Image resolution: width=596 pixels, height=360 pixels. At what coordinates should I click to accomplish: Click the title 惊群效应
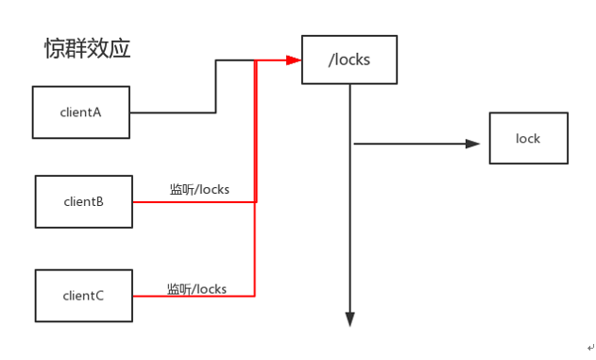(86, 49)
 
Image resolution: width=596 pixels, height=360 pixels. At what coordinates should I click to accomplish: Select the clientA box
(80, 112)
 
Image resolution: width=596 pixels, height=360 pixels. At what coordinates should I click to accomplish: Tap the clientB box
(83, 201)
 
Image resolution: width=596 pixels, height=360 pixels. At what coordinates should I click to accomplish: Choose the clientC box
(83, 296)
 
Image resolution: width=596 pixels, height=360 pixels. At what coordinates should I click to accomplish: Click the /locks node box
(349, 60)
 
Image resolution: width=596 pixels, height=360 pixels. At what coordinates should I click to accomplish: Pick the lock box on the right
(528, 139)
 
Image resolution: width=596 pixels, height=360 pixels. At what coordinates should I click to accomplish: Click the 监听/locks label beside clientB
(198, 190)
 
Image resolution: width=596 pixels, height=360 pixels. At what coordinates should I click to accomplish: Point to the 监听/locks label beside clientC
(196, 288)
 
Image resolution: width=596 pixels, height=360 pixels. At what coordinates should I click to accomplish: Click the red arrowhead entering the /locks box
(293, 60)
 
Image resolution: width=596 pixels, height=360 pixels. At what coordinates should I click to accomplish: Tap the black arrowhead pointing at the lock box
(473, 145)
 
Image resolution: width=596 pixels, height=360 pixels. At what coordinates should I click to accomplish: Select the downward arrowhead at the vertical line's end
(350, 318)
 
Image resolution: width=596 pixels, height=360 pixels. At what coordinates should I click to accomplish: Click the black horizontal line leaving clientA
(172, 112)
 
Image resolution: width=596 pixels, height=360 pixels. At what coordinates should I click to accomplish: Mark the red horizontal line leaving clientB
(194, 201)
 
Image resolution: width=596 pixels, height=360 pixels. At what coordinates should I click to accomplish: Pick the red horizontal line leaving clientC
(194, 297)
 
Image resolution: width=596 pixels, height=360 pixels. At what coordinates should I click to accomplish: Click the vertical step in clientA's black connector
(216, 87)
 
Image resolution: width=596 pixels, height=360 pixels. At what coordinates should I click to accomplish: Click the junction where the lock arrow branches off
(351, 145)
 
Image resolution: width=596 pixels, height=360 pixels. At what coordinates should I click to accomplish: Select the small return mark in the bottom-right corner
(587, 348)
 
